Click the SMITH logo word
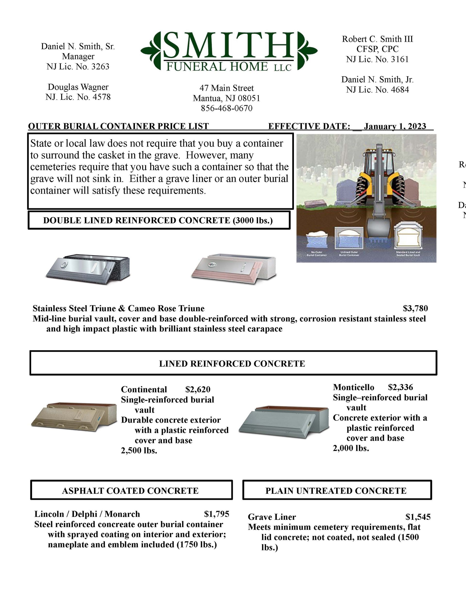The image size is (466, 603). click(x=229, y=46)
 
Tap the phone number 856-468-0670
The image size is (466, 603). click(x=226, y=108)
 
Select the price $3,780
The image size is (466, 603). click(x=415, y=308)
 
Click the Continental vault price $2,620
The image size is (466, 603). click(x=198, y=389)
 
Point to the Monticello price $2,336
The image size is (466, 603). click(x=400, y=387)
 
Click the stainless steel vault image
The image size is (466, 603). click(x=88, y=269)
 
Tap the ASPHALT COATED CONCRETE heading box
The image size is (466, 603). click(x=130, y=491)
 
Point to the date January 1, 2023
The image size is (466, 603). click(x=395, y=126)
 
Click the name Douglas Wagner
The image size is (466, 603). click(x=78, y=87)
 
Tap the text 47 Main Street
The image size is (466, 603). click(x=226, y=88)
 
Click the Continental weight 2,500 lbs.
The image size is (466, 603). click(x=139, y=451)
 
